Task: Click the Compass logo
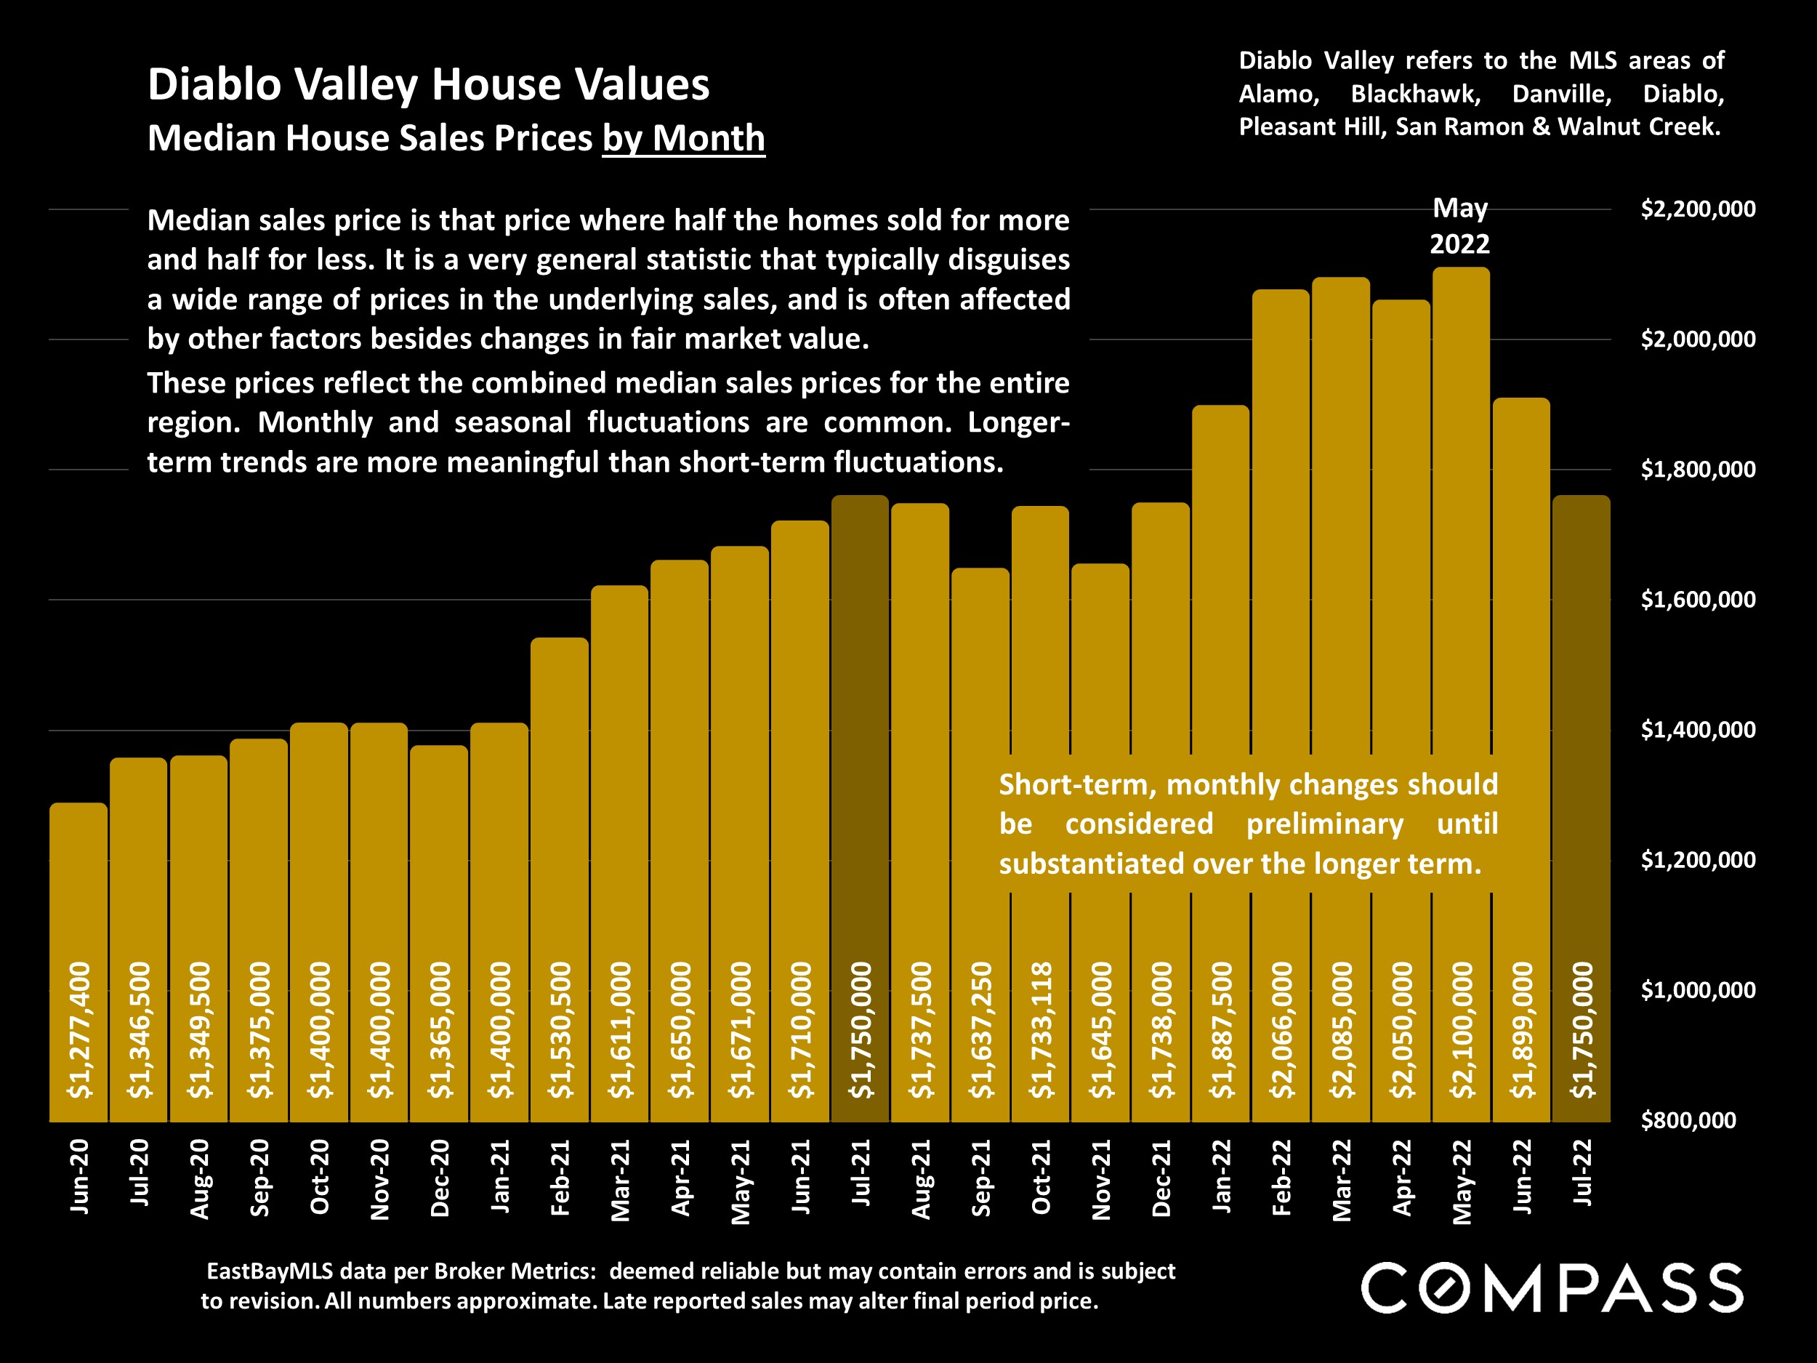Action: tap(1552, 1287)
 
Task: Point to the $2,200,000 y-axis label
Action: tap(1698, 209)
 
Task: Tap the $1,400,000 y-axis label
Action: tap(1698, 730)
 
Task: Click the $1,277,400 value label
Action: tap(80, 1029)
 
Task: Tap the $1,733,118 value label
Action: tap(1041, 1029)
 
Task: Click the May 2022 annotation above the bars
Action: tap(1459, 226)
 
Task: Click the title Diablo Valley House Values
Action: tap(428, 84)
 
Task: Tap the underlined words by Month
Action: tap(683, 138)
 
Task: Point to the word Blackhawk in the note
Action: tap(1415, 94)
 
